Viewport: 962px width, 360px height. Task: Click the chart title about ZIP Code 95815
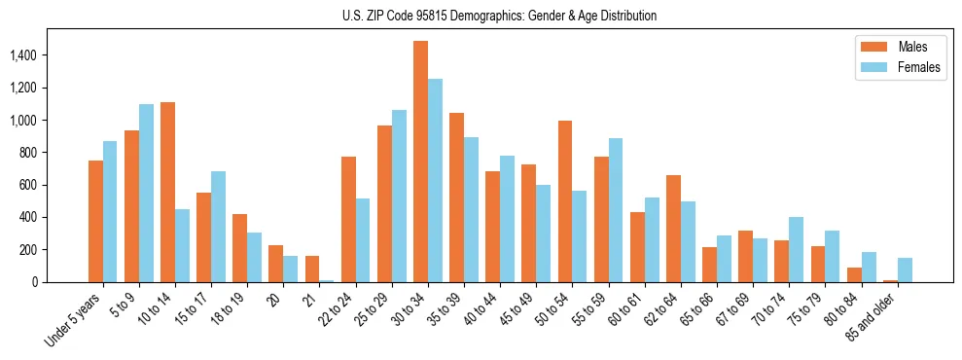(x=499, y=16)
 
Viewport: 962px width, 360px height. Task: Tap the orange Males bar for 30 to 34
(x=420, y=162)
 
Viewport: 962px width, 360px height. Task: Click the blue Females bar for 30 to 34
(x=435, y=181)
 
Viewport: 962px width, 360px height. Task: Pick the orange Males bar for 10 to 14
(x=167, y=193)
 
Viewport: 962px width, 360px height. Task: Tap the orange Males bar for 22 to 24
(x=348, y=220)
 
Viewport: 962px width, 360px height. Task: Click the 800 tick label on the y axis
(x=29, y=153)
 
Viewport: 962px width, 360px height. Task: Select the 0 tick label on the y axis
(x=35, y=282)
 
